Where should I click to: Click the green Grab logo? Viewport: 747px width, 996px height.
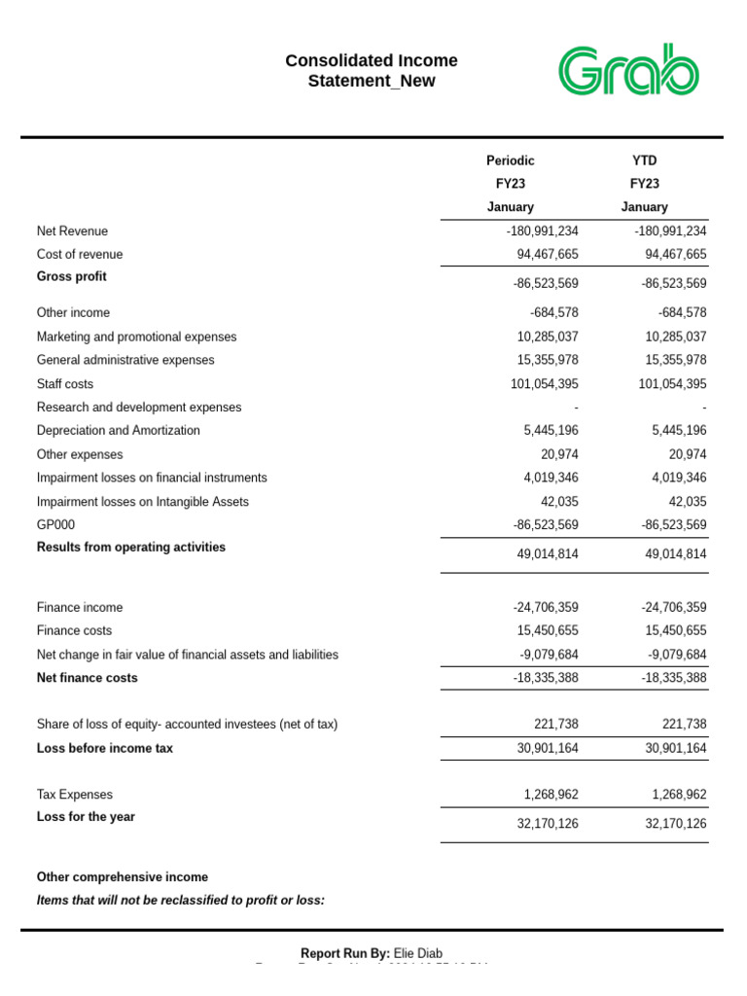(628, 70)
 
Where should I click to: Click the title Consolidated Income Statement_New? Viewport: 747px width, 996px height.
(371, 71)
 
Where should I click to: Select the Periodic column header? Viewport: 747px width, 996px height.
(510, 160)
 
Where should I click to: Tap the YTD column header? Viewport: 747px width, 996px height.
(644, 160)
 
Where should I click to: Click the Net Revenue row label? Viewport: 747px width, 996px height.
(72, 231)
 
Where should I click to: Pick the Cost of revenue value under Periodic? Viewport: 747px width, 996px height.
(547, 255)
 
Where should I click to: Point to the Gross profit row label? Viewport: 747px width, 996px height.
(72, 277)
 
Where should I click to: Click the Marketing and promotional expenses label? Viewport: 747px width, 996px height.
(136, 337)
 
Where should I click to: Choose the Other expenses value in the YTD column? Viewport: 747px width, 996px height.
(686, 454)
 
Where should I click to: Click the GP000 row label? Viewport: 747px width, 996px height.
(55, 525)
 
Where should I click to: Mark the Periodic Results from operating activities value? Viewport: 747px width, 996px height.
(547, 553)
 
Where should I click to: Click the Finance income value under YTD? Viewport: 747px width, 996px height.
(674, 608)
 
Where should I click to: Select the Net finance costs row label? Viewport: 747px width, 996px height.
(87, 678)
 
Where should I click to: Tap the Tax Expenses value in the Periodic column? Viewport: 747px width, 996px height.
(551, 795)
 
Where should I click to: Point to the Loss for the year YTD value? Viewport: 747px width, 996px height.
(676, 824)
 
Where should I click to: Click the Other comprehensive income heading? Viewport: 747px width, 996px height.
(122, 877)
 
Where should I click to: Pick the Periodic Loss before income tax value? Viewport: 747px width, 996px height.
(547, 749)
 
